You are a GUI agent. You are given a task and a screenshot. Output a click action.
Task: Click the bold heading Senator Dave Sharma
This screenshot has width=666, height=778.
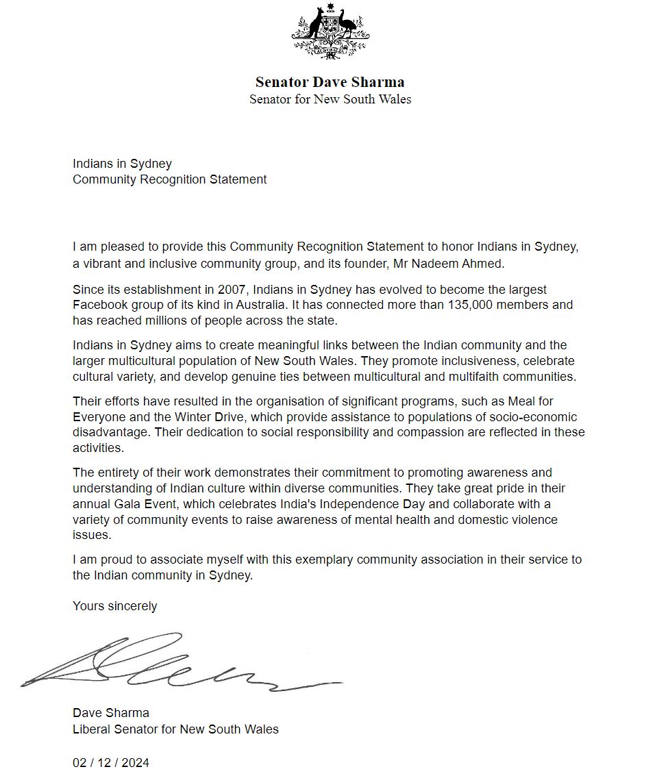[330, 82]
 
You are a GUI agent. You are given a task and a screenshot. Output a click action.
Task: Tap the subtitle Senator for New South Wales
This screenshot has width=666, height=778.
[330, 99]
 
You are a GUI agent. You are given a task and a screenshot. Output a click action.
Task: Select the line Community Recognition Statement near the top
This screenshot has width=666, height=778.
[169, 179]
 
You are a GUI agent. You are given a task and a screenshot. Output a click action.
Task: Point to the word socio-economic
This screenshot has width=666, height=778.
[537, 417]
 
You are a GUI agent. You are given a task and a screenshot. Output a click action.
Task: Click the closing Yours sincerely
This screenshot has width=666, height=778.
[114, 606]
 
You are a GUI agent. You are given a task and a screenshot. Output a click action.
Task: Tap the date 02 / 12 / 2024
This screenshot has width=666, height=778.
[110, 763]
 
